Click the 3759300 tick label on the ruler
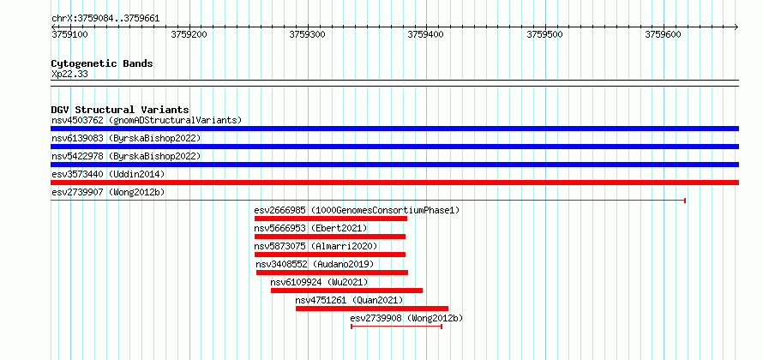pos(308,34)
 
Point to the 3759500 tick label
pos(545,34)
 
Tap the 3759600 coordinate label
pos(664,34)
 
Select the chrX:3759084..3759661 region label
pos(105,19)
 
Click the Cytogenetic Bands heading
pos(102,63)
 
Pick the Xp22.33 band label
pos(69,75)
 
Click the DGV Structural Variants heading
pos(120,110)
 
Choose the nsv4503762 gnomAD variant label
pos(147,120)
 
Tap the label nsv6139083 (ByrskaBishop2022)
pos(126,138)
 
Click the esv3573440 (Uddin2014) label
pos(108,174)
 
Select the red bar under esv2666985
pos(331,219)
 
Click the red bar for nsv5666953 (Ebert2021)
pos(330,237)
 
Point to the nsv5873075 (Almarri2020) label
pos(315,246)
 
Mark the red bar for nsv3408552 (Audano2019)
pos(332,273)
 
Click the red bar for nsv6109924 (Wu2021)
pos(346,291)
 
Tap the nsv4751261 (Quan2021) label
pos(350,300)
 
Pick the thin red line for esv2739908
pos(396,327)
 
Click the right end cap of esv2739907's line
pos(685,201)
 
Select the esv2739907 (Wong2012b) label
pos(108,192)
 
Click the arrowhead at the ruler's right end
pos(736,27)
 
